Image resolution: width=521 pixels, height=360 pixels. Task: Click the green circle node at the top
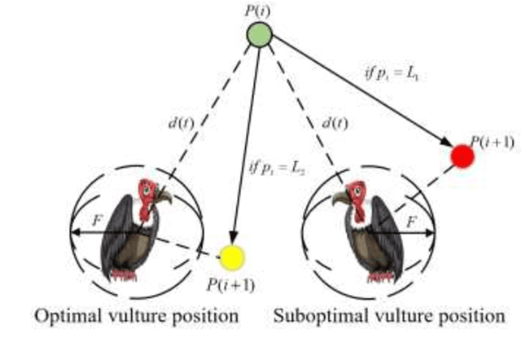[x=260, y=35]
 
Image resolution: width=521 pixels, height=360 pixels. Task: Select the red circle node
[x=462, y=156]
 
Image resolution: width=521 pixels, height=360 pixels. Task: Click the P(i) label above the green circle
[x=260, y=11]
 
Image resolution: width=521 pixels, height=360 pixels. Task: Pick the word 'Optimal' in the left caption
[x=60, y=314]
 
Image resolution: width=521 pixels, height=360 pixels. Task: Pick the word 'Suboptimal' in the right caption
[x=314, y=314]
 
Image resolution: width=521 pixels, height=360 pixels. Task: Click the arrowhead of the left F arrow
[x=72, y=233]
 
